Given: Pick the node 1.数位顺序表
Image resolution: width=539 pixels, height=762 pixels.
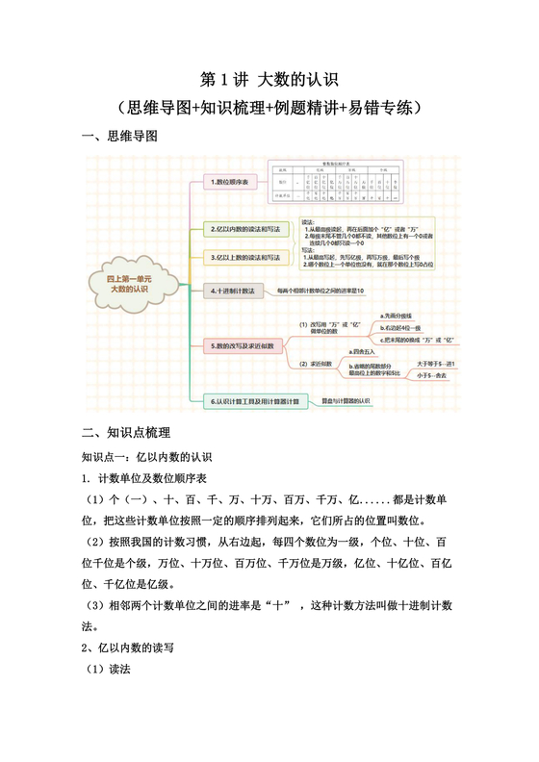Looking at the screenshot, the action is [x=230, y=182].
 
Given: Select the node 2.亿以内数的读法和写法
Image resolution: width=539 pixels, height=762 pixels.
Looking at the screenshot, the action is [x=245, y=229].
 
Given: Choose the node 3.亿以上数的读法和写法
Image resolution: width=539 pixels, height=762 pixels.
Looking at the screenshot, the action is [x=245, y=258].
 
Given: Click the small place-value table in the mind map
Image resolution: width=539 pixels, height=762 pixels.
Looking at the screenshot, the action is [x=333, y=182].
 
